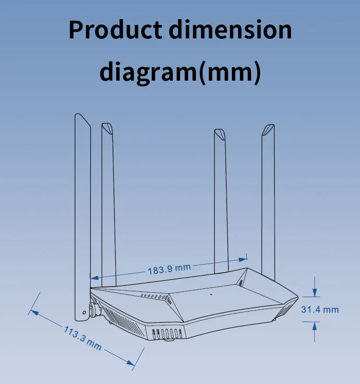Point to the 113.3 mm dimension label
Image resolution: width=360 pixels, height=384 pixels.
83,337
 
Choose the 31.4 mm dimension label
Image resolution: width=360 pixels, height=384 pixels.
320,310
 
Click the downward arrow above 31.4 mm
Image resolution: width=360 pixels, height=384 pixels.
314,291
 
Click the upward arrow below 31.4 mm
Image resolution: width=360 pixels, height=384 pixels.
314,327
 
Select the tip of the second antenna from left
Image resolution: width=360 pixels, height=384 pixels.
107,126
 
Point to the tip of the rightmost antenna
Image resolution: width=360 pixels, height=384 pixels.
269,128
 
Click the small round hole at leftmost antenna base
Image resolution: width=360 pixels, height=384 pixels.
84,312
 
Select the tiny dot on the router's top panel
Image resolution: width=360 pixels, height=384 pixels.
211,294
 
